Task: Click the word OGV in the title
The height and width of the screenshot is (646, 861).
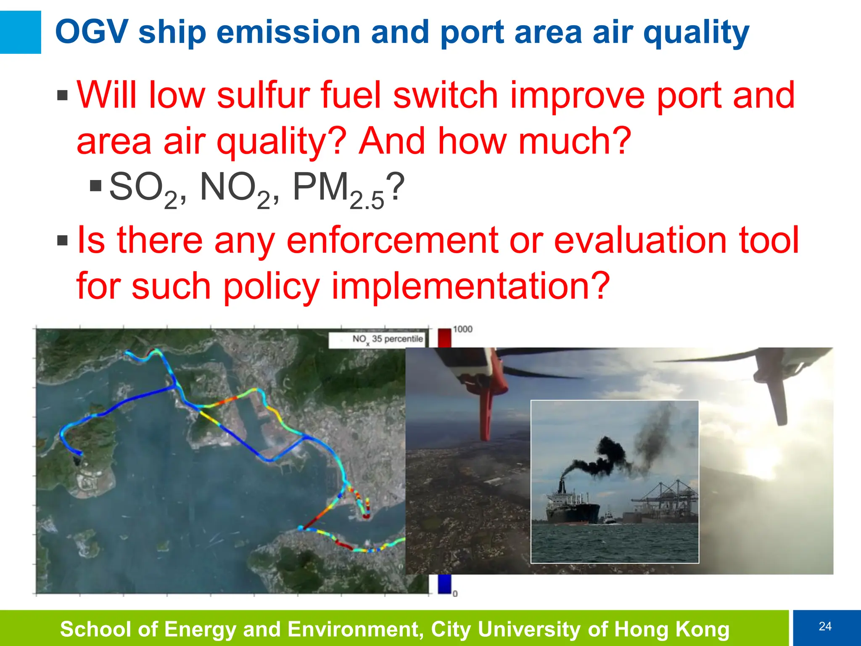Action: click(x=92, y=32)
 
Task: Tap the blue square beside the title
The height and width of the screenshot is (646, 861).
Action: click(x=20, y=32)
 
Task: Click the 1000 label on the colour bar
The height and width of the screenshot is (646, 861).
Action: click(x=463, y=329)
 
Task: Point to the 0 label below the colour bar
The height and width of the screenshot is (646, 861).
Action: click(x=455, y=594)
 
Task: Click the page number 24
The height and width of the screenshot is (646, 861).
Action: click(x=825, y=627)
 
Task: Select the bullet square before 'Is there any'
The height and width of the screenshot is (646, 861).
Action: click(x=62, y=241)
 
